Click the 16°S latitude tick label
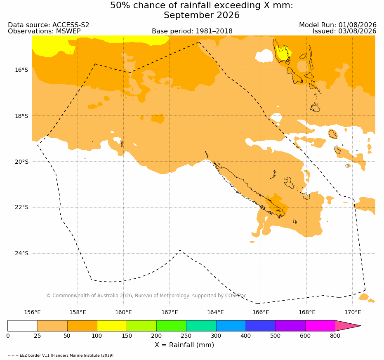pyautogui.click(x=21, y=70)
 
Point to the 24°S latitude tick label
pyautogui.click(x=21, y=253)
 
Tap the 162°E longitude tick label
pyautogui.click(x=170, y=312)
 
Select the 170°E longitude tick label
pyautogui.click(x=353, y=312)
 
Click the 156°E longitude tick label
pyautogui.click(x=32, y=312)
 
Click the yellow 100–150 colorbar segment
pyautogui.click(x=112, y=326)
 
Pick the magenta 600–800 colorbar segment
pyautogui.click(x=320, y=326)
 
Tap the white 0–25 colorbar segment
pyautogui.click(x=23, y=326)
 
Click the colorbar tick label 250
pyautogui.click(x=186, y=336)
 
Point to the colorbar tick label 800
pyautogui.click(x=335, y=336)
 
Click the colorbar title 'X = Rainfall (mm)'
pyautogui.click(x=184, y=345)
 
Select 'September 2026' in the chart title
pyautogui.click(x=202, y=15)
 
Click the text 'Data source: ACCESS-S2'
pyautogui.click(x=49, y=25)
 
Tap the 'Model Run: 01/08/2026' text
pyautogui.click(x=338, y=25)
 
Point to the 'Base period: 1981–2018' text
pyautogui.click(x=192, y=31)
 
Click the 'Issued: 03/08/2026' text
pyautogui.click(x=344, y=31)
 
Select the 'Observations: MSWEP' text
pyautogui.click(x=44, y=31)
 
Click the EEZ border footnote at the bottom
pyautogui.click(x=61, y=355)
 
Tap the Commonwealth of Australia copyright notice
pyautogui.click(x=146, y=296)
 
